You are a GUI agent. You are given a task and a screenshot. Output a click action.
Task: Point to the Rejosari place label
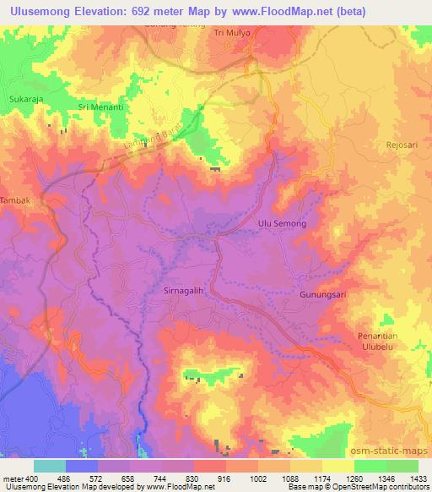(402, 145)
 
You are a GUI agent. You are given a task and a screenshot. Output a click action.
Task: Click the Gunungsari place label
(321, 295)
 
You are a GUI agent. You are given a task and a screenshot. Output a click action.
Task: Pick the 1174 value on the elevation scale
(307, 478)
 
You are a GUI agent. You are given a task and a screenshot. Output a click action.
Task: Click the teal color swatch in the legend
(50, 465)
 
